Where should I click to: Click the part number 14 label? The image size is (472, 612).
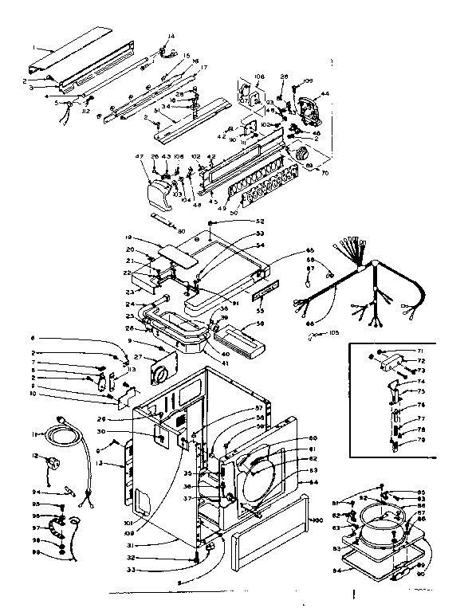171,36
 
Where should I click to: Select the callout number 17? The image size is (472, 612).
203,67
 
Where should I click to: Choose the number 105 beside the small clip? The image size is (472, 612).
333,333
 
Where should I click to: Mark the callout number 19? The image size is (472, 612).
128,237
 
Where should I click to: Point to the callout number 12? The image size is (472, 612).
57,456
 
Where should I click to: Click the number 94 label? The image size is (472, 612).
58,492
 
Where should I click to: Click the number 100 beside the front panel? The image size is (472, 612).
318,520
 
